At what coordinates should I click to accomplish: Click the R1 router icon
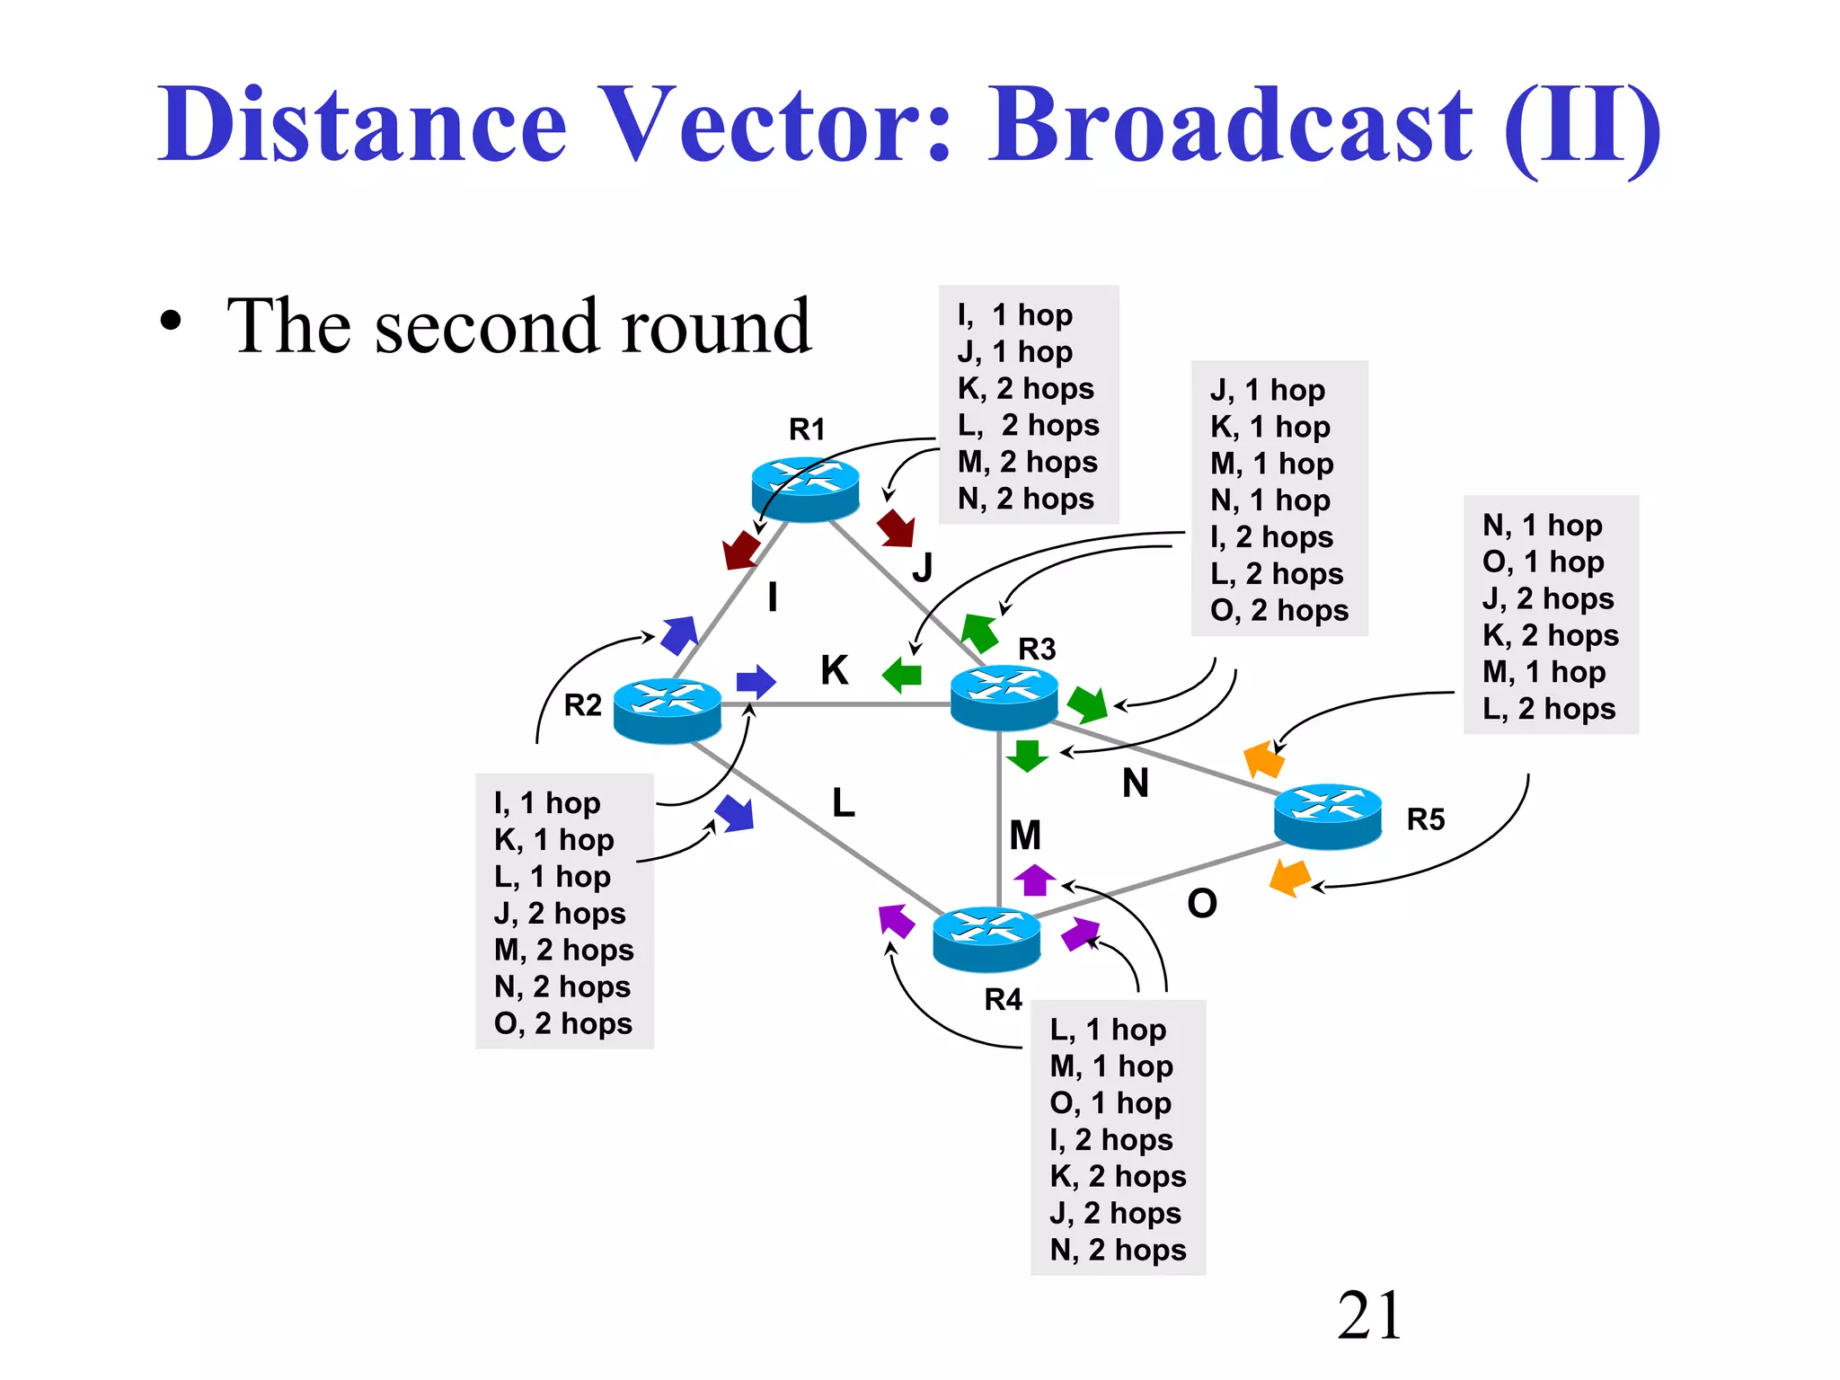[x=805, y=489]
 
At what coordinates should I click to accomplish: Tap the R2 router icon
[x=667, y=710]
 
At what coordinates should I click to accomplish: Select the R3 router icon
[x=1004, y=696]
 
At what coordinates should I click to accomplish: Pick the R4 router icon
[x=986, y=939]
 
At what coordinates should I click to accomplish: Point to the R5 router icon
[x=1327, y=816]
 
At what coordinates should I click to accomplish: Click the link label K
[x=834, y=670]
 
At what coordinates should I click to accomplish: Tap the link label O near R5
[x=1201, y=903]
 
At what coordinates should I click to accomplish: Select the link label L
[x=843, y=802]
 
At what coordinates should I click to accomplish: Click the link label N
[x=1135, y=783]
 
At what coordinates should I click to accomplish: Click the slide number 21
[x=1368, y=1315]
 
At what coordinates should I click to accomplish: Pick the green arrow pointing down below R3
[x=1027, y=756]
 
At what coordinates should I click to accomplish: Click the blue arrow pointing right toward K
[x=756, y=682]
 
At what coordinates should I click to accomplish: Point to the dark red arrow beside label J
[x=897, y=527]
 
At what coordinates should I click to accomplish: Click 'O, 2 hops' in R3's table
[x=1278, y=610]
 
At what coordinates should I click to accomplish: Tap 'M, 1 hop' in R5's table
[x=1543, y=671]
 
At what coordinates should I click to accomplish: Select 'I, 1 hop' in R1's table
[x=1014, y=314]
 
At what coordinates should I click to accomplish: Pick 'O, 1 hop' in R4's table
[x=1110, y=1102]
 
